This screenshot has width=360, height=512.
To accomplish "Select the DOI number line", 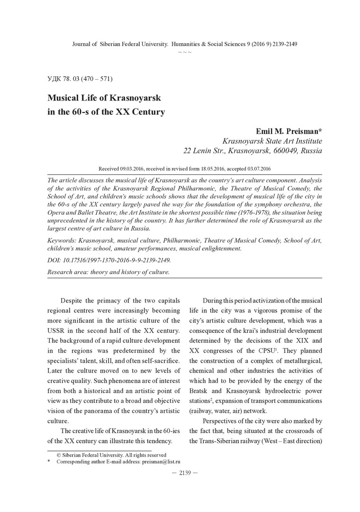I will pyautogui.click(x=109, y=260).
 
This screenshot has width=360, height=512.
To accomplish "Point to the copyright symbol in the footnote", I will pyautogui.click(x=59, y=454).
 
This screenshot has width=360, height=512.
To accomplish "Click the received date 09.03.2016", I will pyautogui.click(x=134, y=168).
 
